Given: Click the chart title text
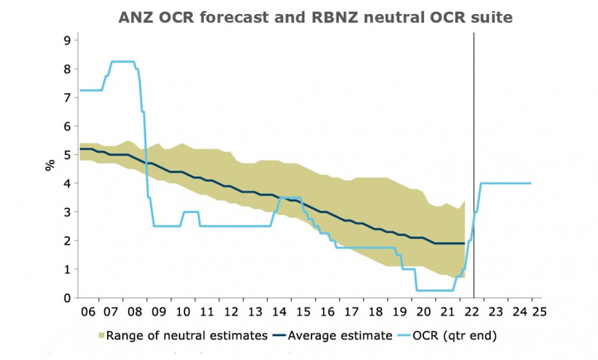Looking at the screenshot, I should (x=316, y=18).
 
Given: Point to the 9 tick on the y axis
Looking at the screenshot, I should (x=66, y=41).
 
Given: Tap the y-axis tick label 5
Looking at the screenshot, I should (x=66, y=155).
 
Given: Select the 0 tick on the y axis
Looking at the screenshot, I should (x=66, y=298).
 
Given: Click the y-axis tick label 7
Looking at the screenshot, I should (x=66, y=98).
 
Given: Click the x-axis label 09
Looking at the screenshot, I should (x=157, y=312).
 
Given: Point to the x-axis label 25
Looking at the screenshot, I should (x=536, y=312).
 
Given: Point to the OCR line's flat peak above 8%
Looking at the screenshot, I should (x=123, y=62).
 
